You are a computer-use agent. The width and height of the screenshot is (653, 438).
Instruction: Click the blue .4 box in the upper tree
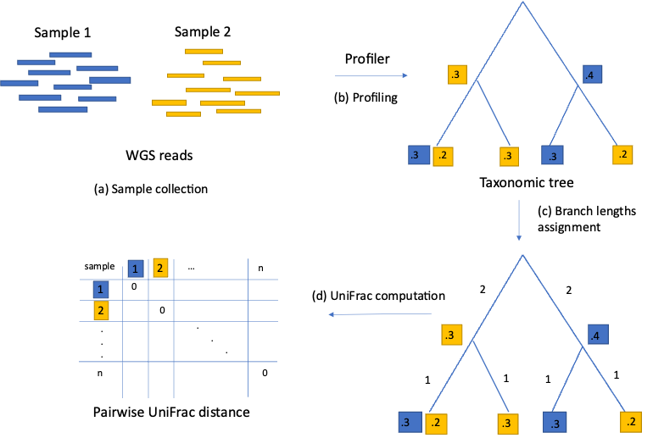(x=593, y=75)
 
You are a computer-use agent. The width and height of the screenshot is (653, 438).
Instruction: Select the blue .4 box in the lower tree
(x=598, y=335)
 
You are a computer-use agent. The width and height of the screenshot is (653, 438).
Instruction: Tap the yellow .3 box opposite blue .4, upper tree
(x=458, y=75)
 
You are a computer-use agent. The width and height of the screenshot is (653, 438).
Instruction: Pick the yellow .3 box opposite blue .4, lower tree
(x=452, y=335)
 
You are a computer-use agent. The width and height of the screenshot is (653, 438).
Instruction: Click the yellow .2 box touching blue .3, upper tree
(x=443, y=157)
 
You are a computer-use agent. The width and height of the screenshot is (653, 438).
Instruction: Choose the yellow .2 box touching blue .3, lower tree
(x=436, y=424)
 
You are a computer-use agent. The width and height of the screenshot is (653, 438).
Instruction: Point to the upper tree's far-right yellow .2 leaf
(x=622, y=155)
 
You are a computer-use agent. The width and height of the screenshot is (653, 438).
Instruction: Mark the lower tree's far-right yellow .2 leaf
(x=631, y=422)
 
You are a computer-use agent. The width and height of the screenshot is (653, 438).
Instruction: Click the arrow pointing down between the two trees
(x=519, y=220)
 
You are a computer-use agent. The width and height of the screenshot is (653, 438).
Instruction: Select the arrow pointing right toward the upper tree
(x=371, y=76)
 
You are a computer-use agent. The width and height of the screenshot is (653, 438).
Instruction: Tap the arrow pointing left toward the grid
(x=380, y=314)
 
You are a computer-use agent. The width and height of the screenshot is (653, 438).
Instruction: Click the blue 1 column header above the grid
(x=136, y=269)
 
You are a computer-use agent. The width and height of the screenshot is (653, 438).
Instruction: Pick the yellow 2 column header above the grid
(x=160, y=268)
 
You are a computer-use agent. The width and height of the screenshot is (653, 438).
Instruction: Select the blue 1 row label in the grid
(x=101, y=290)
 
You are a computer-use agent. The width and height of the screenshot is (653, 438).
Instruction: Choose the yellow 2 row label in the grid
(x=101, y=311)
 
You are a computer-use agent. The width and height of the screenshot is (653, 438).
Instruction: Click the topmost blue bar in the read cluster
(x=70, y=54)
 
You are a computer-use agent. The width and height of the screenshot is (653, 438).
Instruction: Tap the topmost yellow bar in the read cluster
(x=204, y=51)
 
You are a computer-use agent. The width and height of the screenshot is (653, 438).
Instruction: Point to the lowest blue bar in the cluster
(x=63, y=109)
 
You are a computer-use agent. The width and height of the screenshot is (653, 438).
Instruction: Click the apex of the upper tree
(x=522, y=3)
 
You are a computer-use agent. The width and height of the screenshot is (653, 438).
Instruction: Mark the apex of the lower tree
(x=522, y=255)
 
